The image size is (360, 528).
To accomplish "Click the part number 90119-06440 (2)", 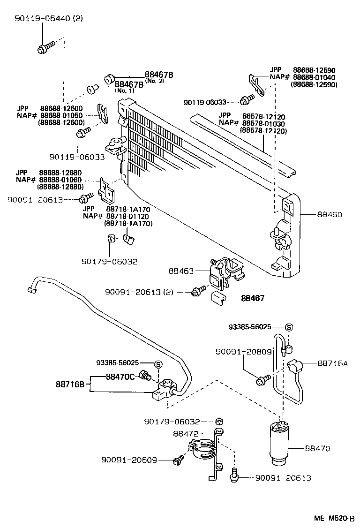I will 42,19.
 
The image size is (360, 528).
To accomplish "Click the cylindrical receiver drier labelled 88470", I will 281,444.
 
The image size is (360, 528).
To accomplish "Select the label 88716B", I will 70,385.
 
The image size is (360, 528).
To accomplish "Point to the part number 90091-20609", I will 129,460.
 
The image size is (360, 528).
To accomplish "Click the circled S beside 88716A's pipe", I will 288,327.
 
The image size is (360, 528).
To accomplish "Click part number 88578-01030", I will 264,123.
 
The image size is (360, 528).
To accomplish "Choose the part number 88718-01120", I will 128,216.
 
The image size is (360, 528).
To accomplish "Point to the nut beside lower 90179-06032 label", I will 219,421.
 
